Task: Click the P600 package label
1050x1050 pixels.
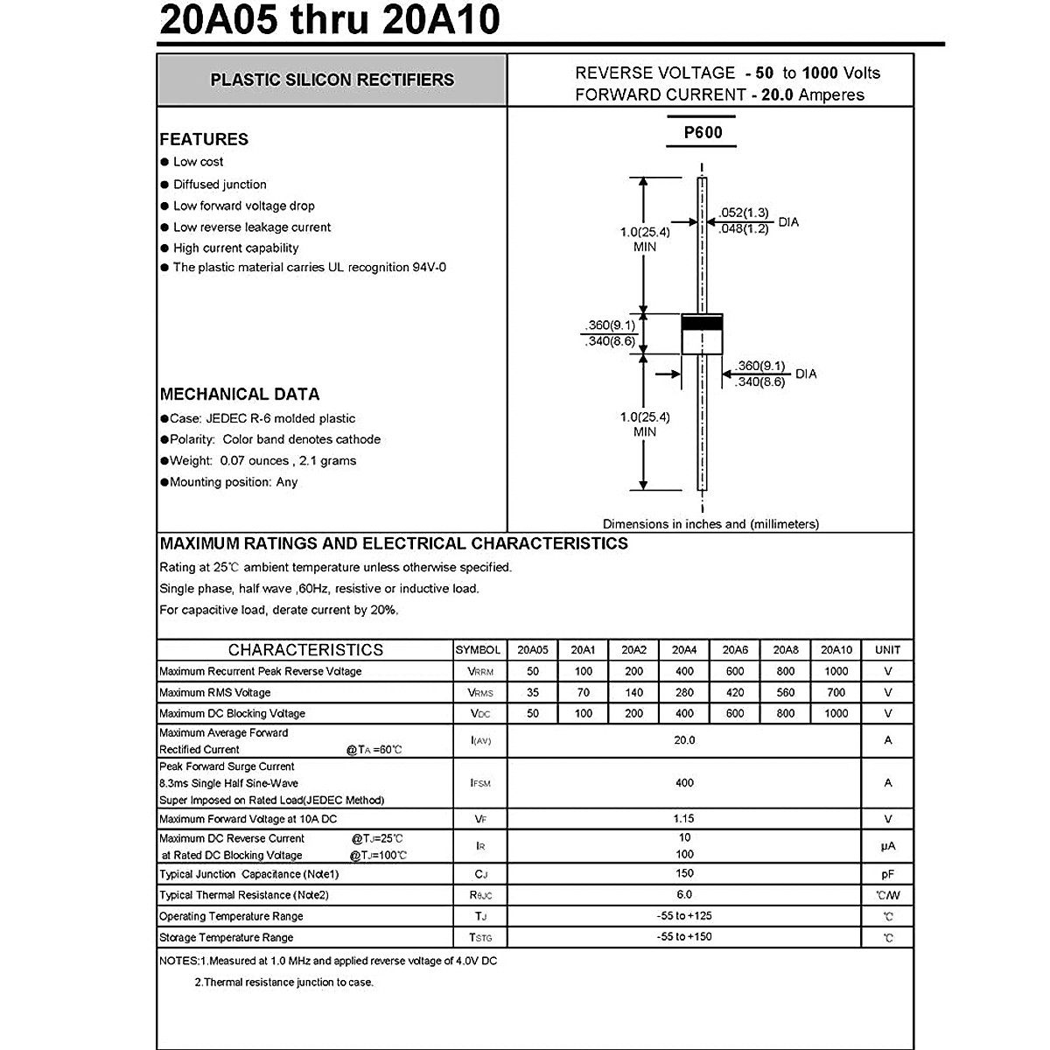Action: [703, 132]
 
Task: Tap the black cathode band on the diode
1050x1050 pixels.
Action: [702, 322]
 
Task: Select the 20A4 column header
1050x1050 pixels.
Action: [684, 650]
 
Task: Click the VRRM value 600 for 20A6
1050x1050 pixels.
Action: [735, 671]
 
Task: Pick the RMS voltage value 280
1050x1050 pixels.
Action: [684, 692]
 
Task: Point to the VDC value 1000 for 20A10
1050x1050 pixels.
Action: [836, 713]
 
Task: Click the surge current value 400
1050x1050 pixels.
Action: [684, 783]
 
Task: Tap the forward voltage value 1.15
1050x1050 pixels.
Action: [684, 819]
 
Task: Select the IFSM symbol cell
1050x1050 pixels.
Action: [480, 783]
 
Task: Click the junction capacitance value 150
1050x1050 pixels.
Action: [684, 873]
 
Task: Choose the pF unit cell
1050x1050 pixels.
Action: [887, 874]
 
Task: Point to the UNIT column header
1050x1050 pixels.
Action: [887, 650]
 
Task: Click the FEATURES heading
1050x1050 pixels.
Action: [204, 139]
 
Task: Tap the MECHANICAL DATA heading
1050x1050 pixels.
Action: [240, 394]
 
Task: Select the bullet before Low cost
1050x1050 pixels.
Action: [164, 162]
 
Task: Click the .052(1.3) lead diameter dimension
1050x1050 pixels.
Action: [744, 213]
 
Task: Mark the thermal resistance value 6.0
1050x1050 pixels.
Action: [684, 894]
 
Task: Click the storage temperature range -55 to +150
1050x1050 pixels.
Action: [684, 937]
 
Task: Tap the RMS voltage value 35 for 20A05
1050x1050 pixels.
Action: [533, 692]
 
